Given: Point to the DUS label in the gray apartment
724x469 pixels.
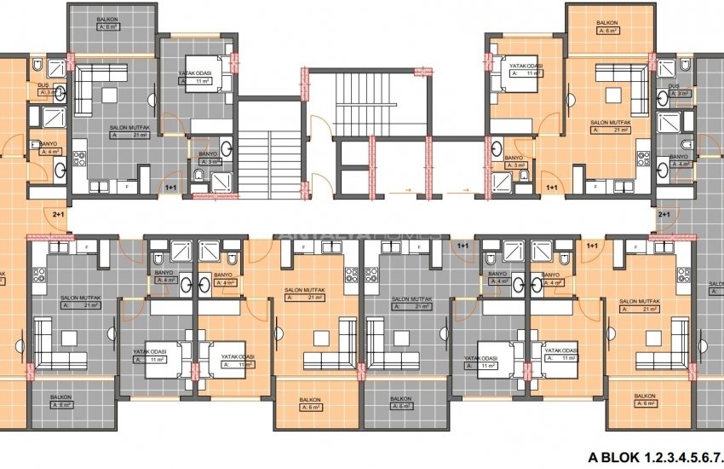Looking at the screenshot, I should [x=674, y=86].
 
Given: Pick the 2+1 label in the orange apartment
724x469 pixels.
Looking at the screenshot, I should [x=58, y=216].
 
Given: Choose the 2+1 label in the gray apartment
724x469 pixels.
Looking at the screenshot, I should [x=664, y=216].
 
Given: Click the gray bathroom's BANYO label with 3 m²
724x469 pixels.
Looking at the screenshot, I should [x=208, y=154].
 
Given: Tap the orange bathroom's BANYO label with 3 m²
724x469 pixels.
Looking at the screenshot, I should [x=514, y=158].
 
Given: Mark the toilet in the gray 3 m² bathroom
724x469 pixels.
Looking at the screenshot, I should [x=198, y=177].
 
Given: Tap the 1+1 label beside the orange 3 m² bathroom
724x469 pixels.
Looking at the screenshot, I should [x=551, y=187].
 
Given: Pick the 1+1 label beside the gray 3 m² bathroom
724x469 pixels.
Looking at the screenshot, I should [x=170, y=187].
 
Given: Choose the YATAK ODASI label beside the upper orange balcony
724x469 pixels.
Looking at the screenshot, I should [x=526, y=66].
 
